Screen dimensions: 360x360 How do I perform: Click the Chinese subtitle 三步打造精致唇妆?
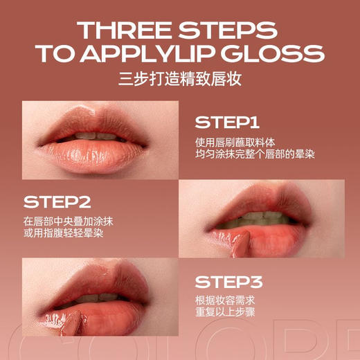tap(179, 79)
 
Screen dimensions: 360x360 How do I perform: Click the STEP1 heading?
tap(226, 123)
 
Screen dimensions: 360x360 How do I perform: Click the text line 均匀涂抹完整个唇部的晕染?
tap(255, 154)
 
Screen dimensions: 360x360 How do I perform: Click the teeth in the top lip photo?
tap(97, 136)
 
